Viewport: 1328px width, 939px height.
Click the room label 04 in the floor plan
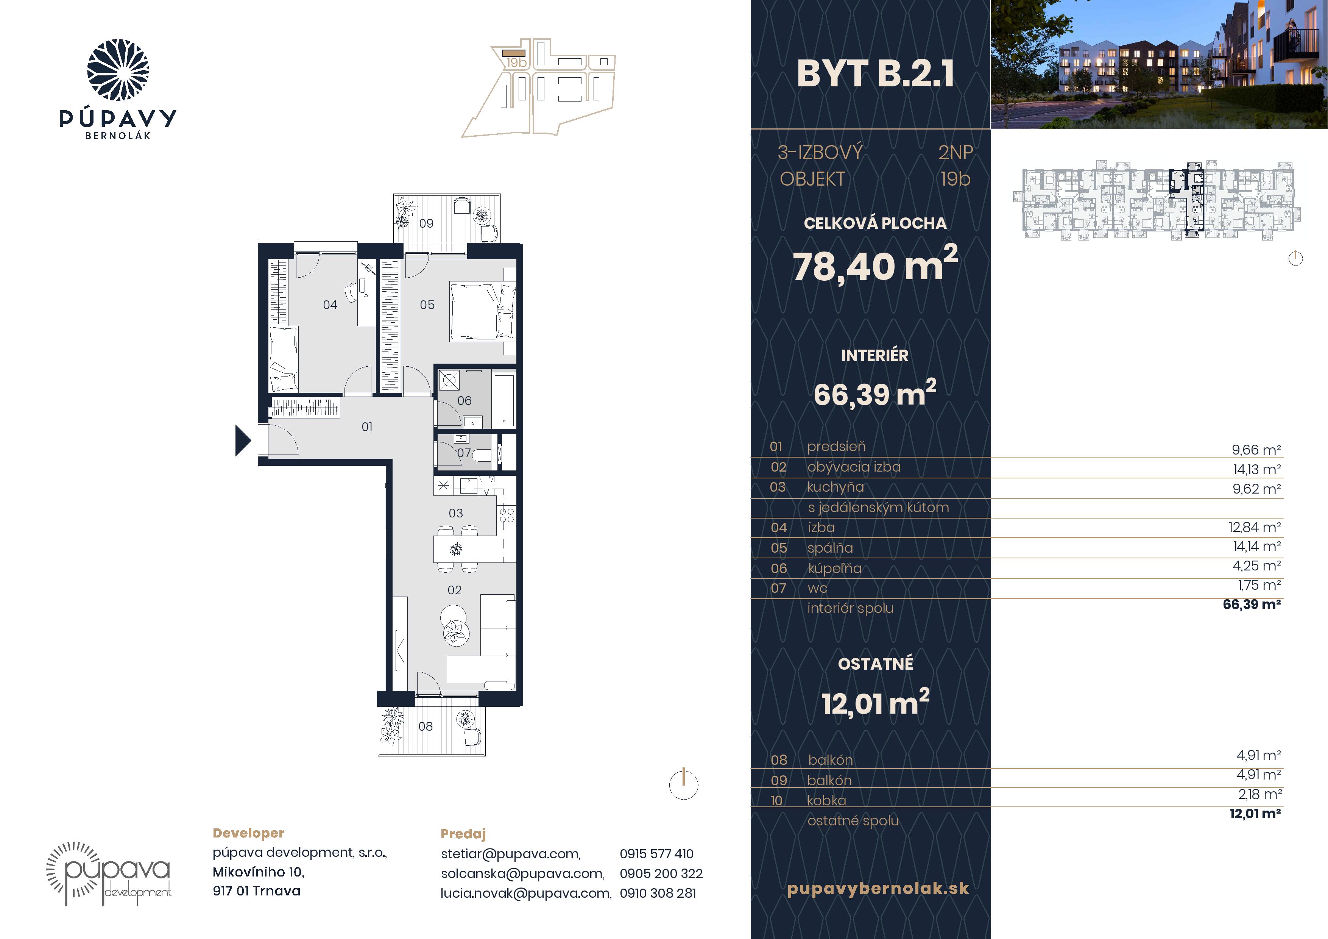click(x=330, y=305)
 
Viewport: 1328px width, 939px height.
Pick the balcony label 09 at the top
click(x=426, y=223)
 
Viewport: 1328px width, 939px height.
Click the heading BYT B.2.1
click(x=875, y=74)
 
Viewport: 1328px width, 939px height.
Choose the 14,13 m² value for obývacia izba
click(x=1256, y=469)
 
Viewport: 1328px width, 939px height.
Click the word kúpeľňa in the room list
click(x=835, y=569)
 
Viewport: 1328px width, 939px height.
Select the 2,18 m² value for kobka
click(x=1260, y=794)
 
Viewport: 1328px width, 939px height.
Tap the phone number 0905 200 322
click(x=661, y=873)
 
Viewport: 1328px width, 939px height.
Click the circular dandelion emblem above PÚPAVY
click(x=118, y=70)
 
